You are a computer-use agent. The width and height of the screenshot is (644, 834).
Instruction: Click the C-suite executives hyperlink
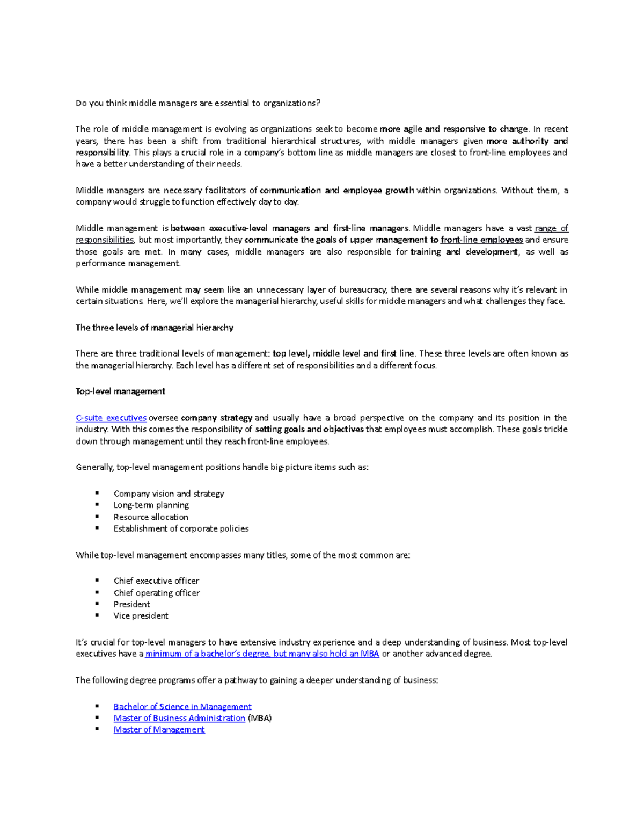(x=111, y=418)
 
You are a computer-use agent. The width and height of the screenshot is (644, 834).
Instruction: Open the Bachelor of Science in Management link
(x=182, y=707)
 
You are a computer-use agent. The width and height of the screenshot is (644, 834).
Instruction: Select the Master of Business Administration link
(x=179, y=718)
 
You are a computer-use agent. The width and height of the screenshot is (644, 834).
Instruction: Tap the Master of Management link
(x=159, y=729)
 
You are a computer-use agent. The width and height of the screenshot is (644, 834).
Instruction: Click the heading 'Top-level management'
(x=120, y=391)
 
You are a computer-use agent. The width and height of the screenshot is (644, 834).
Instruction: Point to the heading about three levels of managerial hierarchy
(x=155, y=328)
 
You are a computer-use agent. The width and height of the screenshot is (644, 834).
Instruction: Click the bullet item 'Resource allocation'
(x=151, y=517)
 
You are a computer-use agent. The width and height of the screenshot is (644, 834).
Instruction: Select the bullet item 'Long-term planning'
(x=151, y=505)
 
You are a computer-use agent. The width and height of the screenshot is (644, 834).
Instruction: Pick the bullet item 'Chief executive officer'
(x=156, y=581)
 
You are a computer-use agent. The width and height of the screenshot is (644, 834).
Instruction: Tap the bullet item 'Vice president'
(x=141, y=616)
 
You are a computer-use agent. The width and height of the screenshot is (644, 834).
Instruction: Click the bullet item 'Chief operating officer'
(x=157, y=593)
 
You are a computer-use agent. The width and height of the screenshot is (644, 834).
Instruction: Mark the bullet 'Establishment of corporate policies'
(x=181, y=529)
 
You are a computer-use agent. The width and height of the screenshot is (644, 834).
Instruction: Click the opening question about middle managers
(x=197, y=103)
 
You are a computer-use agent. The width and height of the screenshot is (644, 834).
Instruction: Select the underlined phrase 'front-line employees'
(x=481, y=240)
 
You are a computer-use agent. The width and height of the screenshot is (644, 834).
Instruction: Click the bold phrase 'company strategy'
(x=216, y=418)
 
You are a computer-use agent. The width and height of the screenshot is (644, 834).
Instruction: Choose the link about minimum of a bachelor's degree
(x=262, y=654)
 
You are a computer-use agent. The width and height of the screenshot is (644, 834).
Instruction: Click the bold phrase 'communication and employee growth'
(x=336, y=191)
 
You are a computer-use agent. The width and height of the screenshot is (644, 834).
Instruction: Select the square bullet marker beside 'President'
(x=97, y=604)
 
